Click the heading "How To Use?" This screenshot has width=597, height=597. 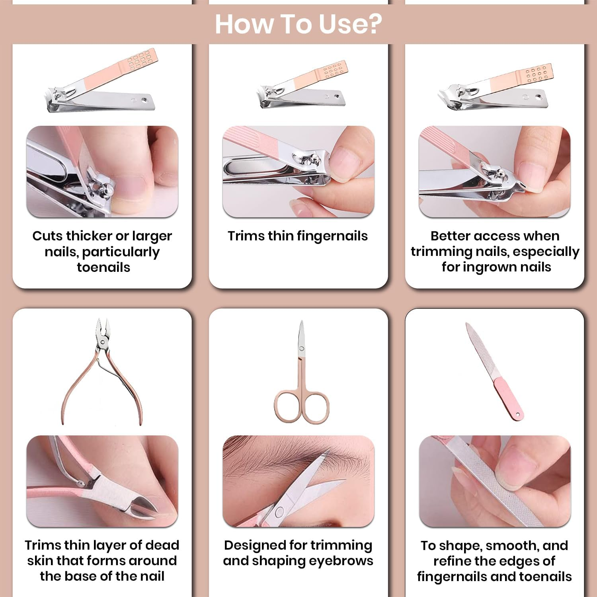298,24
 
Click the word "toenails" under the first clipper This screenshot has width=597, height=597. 103,267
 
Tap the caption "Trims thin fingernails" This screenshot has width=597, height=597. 298,236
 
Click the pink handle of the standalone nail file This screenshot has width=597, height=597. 509,399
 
